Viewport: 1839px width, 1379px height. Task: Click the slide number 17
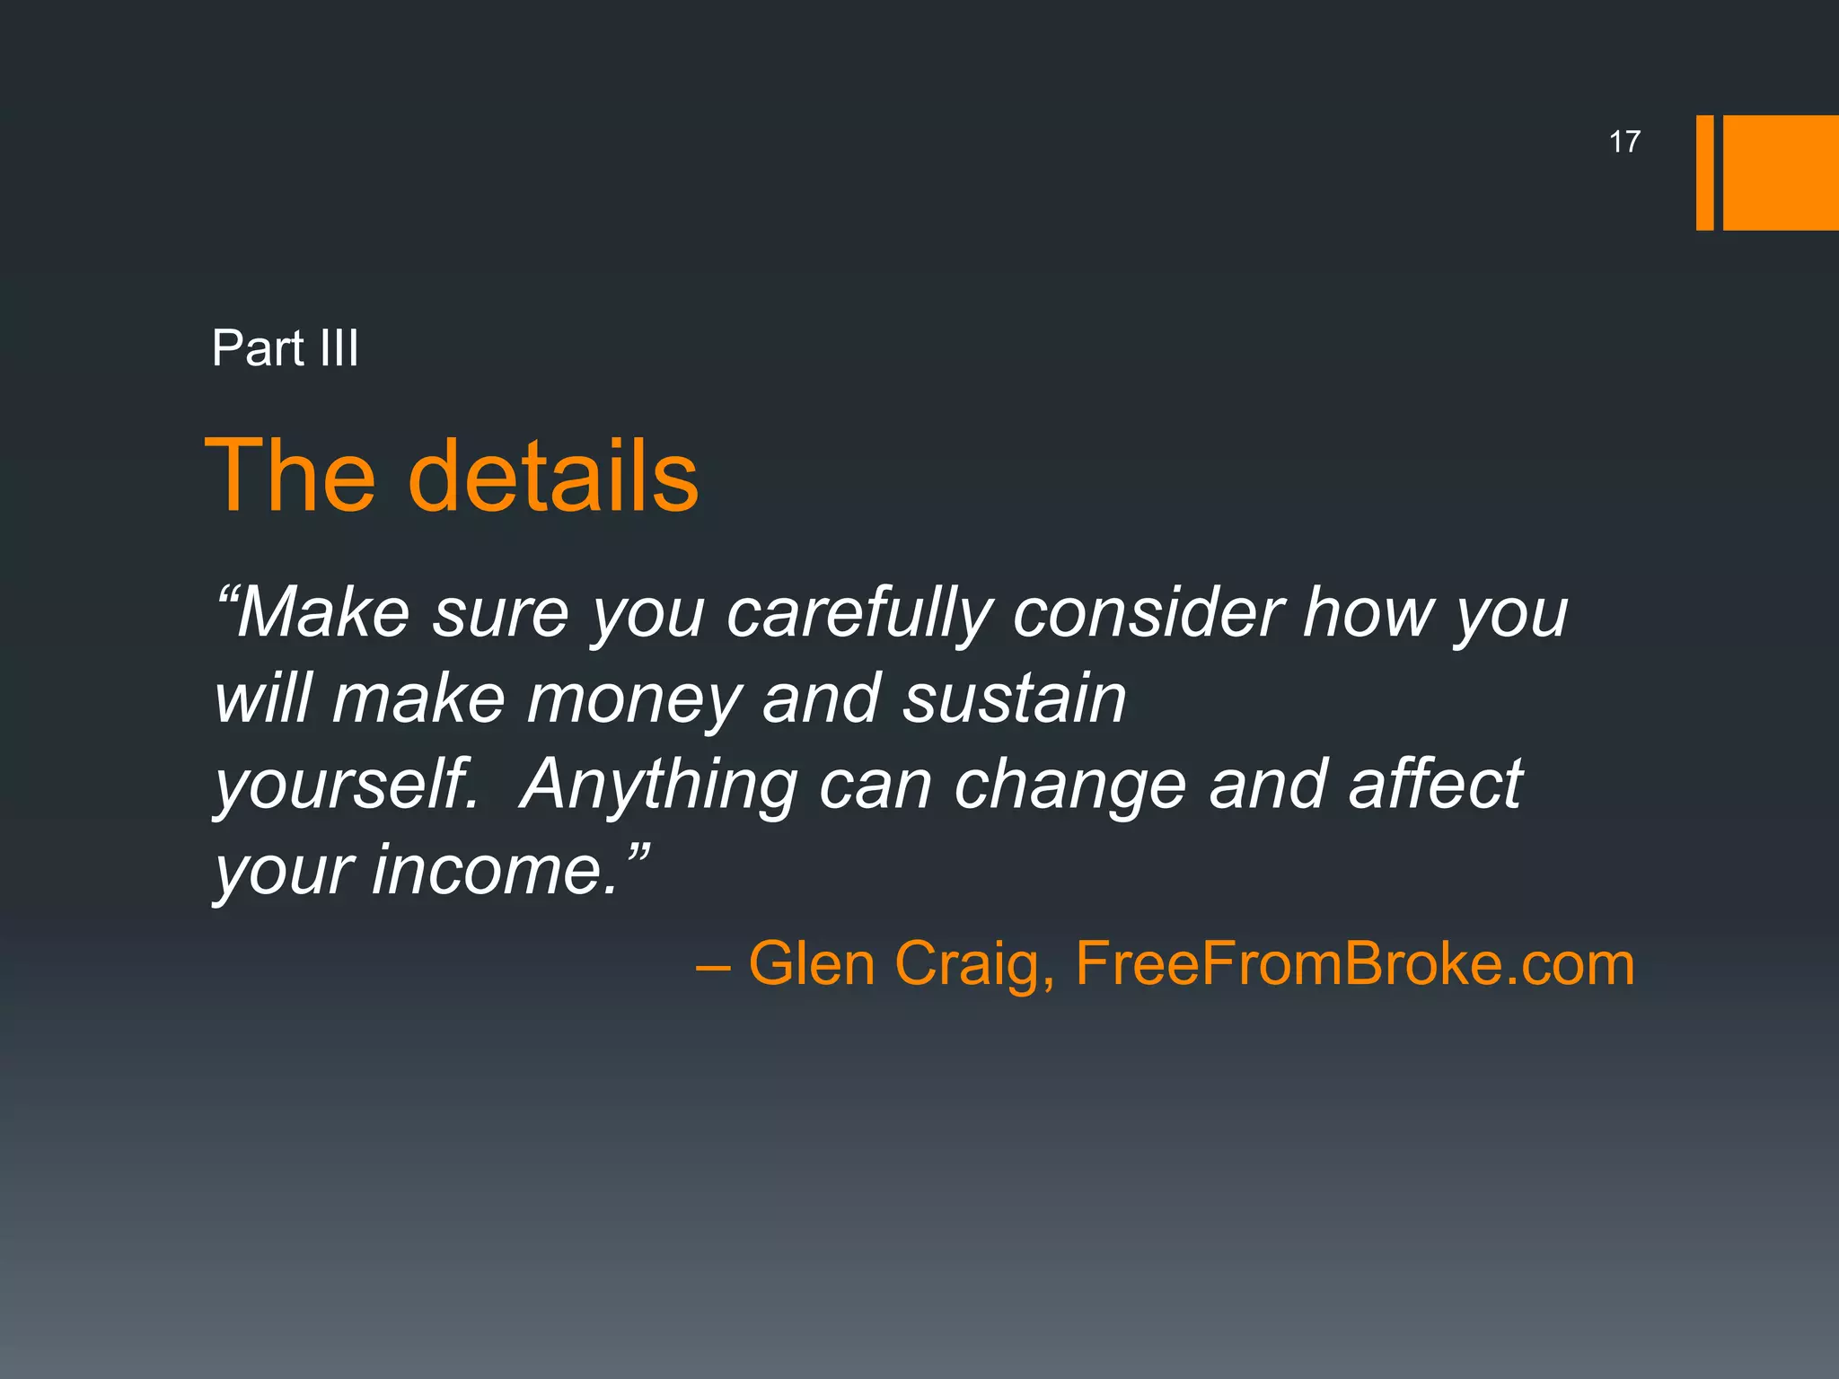tap(1623, 142)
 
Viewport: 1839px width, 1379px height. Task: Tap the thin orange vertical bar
tap(1704, 172)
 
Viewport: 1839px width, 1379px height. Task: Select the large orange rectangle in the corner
tap(1780, 172)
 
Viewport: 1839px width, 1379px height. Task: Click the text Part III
tap(285, 348)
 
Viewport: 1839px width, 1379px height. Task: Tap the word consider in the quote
tap(1148, 613)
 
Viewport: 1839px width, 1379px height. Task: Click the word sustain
tap(1014, 699)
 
